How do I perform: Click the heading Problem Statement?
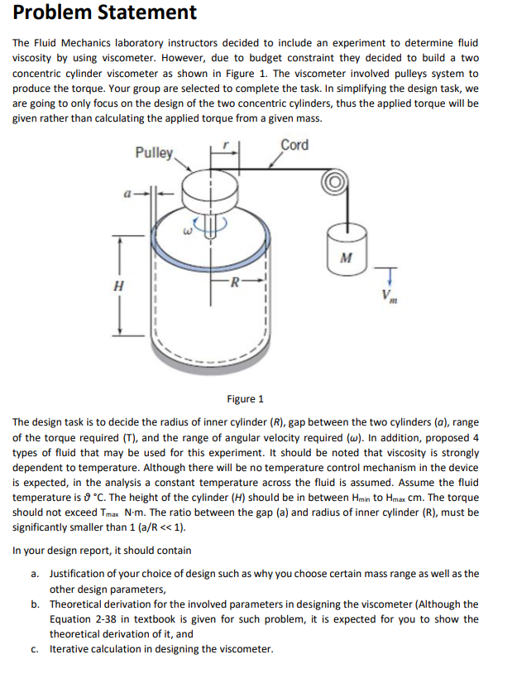[104, 13]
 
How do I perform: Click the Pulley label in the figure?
[155, 152]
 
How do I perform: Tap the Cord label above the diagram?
[294, 145]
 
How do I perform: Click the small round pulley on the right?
[336, 181]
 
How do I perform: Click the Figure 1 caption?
[247, 399]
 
